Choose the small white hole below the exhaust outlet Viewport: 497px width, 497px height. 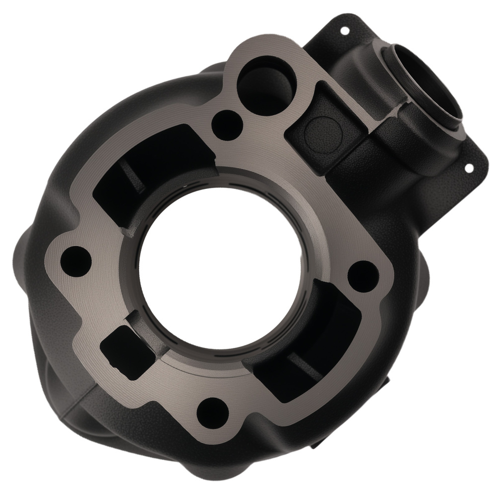[468, 167]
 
